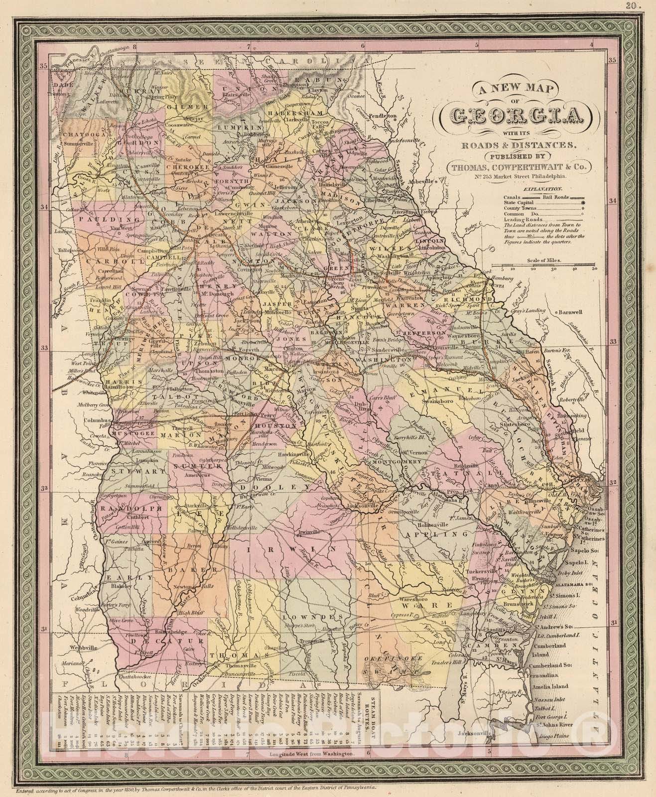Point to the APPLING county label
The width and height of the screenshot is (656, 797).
click(437, 533)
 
